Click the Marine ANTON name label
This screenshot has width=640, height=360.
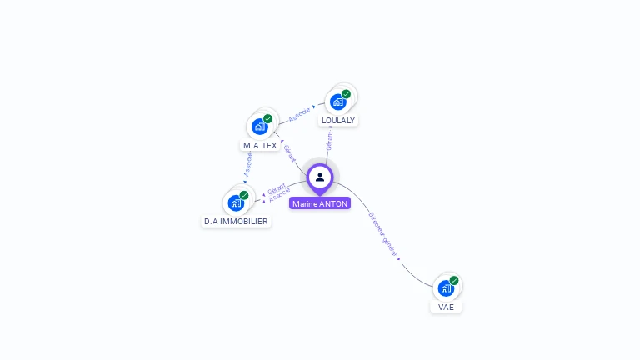click(x=320, y=203)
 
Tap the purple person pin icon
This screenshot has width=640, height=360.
click(x=320, y=177)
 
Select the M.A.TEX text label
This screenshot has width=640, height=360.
click(x=260, y=145)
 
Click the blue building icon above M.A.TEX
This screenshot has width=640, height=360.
click(x=260, y=127)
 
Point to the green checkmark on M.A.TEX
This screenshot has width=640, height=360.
click(x=268, y=118)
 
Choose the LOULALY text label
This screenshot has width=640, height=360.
click(x=338, y=120)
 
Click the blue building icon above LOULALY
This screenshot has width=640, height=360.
click(x=337, y=102)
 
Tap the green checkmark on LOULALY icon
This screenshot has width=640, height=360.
click(x=346, y=94)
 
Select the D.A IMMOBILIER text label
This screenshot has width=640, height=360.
click(x=236, y=222)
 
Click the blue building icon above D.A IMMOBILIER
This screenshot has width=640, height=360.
click(x=236, y=202)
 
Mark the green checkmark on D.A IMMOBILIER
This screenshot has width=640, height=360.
click(x=244, y=195)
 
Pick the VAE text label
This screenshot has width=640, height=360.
click(x=447, y=307)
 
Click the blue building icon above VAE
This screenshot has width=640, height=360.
click(x=446, y=288)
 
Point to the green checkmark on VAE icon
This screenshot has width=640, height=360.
click(x=454, y=281)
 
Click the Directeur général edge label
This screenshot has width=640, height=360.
click(x=382, y=232)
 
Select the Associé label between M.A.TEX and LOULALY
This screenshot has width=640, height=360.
click(x=299, y=112)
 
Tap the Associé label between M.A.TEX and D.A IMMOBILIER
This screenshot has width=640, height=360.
click(x=247, y=164)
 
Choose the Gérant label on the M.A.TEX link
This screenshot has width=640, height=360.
click(x=289, y=152)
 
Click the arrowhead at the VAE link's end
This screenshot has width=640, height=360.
click(x=399, y=259)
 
